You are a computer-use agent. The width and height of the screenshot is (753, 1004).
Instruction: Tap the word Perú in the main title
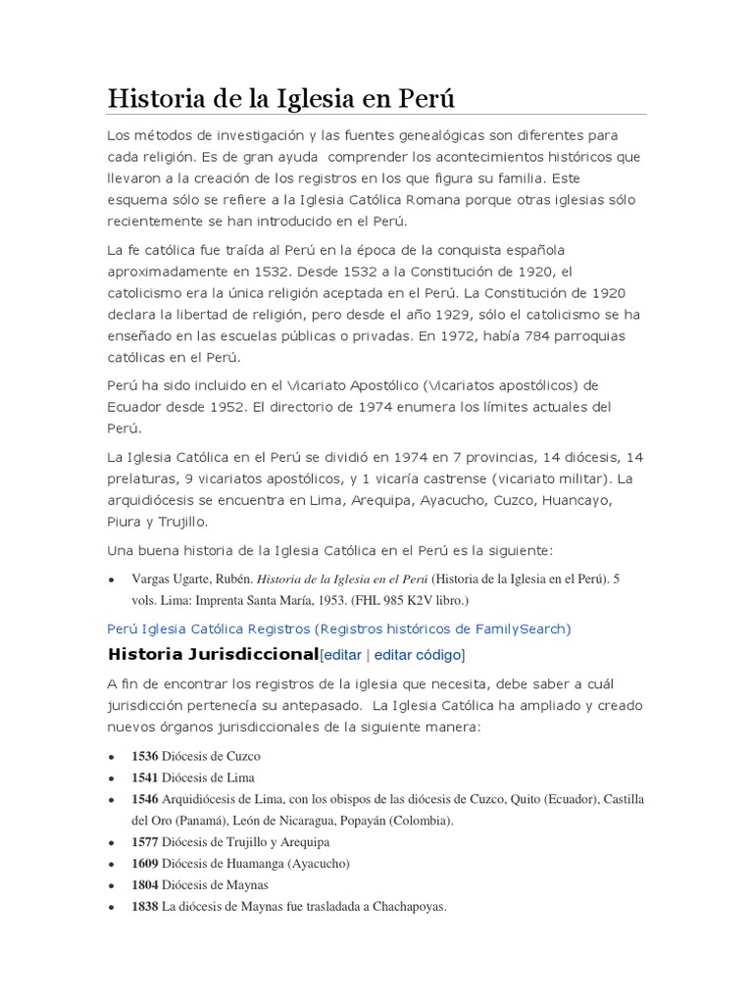click(x=423, y=99)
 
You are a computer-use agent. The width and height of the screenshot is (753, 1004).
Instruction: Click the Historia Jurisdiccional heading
click(x=213, y=654)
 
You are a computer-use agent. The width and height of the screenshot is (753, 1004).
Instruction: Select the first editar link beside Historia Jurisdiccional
click(x=341, y=655)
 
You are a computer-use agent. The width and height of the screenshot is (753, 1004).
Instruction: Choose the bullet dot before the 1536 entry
click(x=112, y=758)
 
